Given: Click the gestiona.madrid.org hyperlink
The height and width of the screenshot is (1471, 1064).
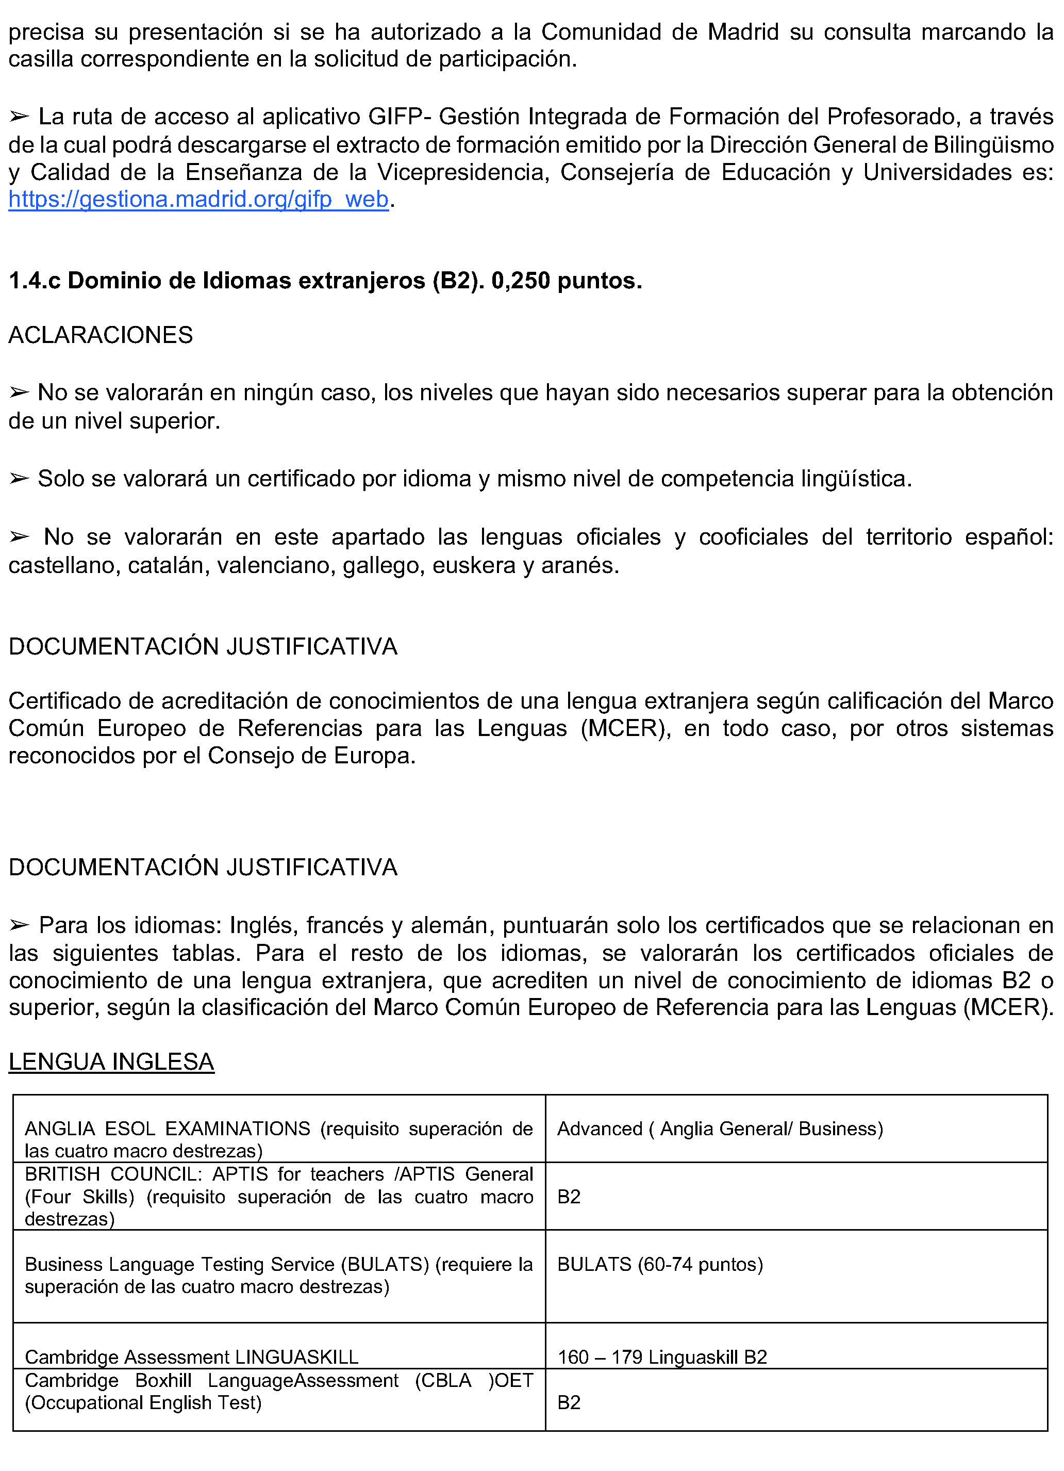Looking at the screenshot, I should pyautogui.click(x=198, y=199).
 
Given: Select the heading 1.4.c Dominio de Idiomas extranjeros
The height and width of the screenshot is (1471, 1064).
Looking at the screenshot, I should pyautogui.click(x=324, y=280).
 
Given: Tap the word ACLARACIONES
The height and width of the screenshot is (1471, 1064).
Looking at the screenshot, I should pyautogui.click(x=101, y=335).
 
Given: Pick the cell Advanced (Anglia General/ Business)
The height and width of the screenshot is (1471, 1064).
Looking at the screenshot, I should pyautogui.click(x=720, y=1129).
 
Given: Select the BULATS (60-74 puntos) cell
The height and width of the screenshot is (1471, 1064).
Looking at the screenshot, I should pyautogui.click(x=660, y=1264).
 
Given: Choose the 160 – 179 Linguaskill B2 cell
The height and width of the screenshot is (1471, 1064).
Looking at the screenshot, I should pyautogui.click(x=662, y=1357).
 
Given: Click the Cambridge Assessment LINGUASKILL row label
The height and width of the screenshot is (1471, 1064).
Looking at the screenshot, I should pyautogui.click(x=191, y=1357).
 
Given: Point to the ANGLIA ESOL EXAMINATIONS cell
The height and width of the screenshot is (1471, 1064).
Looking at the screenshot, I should pyautogui.click(x=278, y=1139).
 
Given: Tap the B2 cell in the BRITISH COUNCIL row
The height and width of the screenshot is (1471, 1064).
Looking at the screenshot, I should pyautogui.click(x=569, y=1197).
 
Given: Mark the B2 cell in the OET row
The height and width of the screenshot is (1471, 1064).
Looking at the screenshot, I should pyautogui.click(x=569, y=1402).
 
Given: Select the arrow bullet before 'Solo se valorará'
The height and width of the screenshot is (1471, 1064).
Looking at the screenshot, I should pyautogui.click(x=20, y=479).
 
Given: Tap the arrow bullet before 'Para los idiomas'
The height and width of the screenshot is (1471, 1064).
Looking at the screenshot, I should pyautogui.click(x=20, y=925).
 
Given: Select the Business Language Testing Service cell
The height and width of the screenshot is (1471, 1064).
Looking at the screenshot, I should pyautogui.click(x=278, y=1275).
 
